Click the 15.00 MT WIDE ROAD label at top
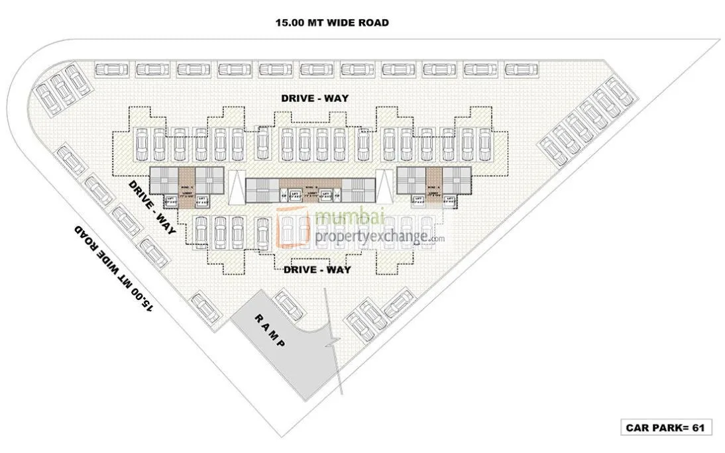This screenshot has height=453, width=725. tap(332, 23)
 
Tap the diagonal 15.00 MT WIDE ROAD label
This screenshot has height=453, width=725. tap(115, 268)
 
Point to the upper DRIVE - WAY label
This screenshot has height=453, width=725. tap(315, 98)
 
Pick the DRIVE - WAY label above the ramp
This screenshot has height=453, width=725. tap(317, 270)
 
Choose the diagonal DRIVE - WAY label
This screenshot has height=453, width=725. tap(152, 207)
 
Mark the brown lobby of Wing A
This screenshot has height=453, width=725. tap(434, 186)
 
